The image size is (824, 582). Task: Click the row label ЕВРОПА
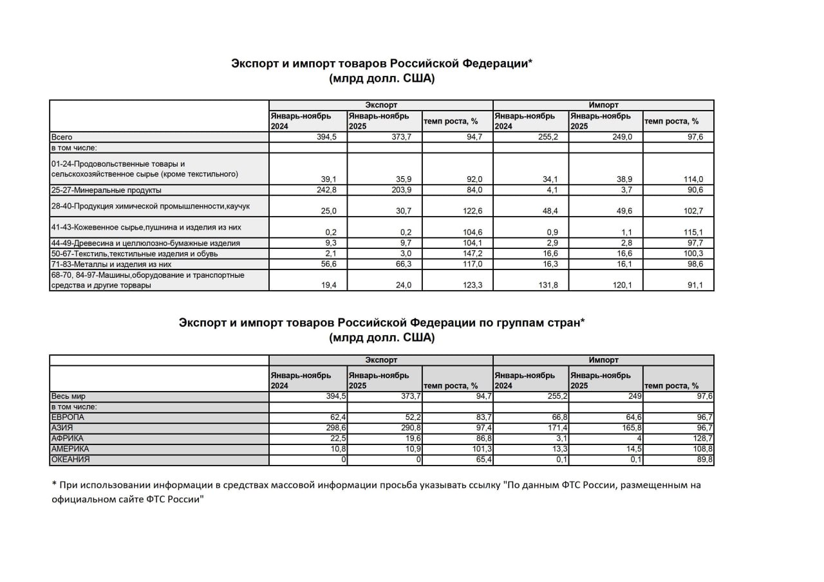tap(68, 417)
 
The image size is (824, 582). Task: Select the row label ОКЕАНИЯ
tap(70, 459)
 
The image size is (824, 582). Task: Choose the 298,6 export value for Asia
tap(335, 428)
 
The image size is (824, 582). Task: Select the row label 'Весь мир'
tap(68, 397)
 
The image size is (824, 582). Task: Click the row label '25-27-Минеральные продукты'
tap(106, 190)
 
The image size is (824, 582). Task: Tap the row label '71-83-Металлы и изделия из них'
tap(112, 264)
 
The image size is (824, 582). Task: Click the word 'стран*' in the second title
tap(564, 323)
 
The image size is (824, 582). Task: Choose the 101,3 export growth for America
tap(480, 449)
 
